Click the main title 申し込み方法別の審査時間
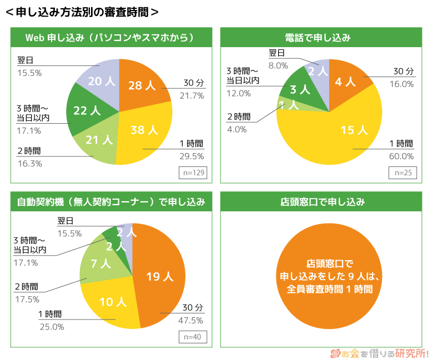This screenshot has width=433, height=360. tap(82, 12)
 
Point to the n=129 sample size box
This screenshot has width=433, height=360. tap(193, 173)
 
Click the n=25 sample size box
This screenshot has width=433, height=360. tap(402, 173)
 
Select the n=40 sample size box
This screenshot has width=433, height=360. tap(193, 337)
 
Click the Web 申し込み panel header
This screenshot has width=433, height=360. tap(109, 38)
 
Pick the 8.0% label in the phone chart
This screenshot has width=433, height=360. tap(278, 65)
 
